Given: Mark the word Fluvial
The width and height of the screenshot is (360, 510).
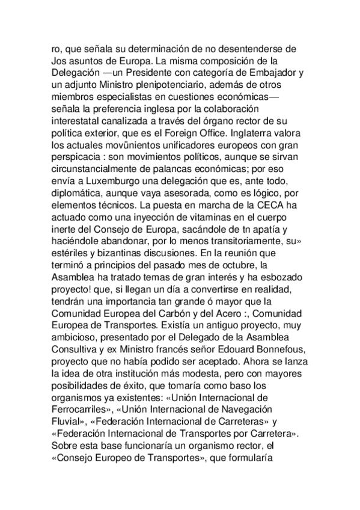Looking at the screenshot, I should [68, 417].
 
